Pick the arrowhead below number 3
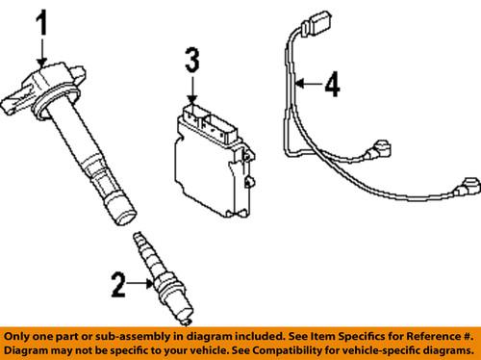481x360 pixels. pyautogui.click(x=193, y=99)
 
